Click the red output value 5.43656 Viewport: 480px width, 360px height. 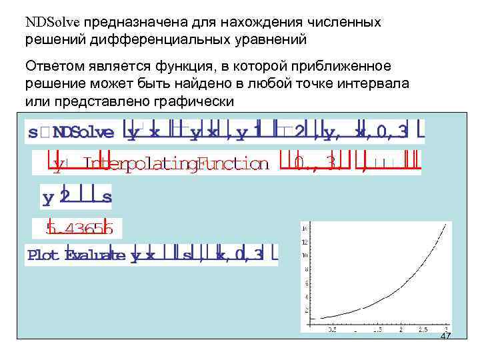point(79,229)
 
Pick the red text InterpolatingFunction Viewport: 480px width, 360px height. point(177,164)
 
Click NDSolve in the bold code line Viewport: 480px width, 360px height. point(83,131)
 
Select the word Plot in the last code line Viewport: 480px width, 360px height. point(43,255)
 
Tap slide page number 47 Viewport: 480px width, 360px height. point(446,336)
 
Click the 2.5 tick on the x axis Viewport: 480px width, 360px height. point(422,329)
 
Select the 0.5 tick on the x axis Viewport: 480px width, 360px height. point(331,329)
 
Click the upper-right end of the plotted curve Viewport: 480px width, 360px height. point(445,225)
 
